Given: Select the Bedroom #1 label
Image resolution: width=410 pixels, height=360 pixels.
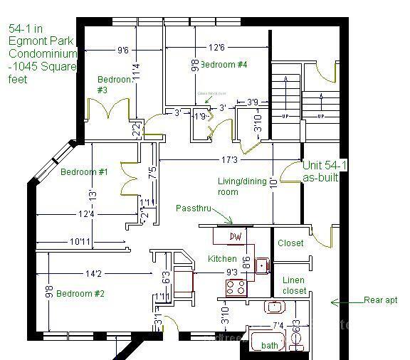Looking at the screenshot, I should (84, 172).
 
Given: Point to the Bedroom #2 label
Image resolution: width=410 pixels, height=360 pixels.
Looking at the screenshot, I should (80, 294).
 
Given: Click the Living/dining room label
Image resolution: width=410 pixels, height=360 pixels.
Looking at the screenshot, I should (238, 186).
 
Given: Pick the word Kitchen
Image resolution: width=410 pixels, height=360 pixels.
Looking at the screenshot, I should (222, 258).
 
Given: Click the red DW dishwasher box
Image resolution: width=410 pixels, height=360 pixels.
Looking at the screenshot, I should (236, 236).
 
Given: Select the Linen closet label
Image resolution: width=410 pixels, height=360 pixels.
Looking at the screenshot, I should (295, 285).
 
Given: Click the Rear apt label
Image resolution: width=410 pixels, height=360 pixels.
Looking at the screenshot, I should (380, 301).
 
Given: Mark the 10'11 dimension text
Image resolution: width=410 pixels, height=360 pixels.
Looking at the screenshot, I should (80, 242).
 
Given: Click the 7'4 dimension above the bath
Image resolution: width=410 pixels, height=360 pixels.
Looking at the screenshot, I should (278, 326).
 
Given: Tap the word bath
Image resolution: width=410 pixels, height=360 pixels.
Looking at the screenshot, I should (270, 345).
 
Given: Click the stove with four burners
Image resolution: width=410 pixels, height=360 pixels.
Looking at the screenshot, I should (236, 287).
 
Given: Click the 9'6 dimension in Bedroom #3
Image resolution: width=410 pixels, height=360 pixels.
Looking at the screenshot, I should (123, 51).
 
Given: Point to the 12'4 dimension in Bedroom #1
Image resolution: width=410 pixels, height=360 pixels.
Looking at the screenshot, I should (86, 213).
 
